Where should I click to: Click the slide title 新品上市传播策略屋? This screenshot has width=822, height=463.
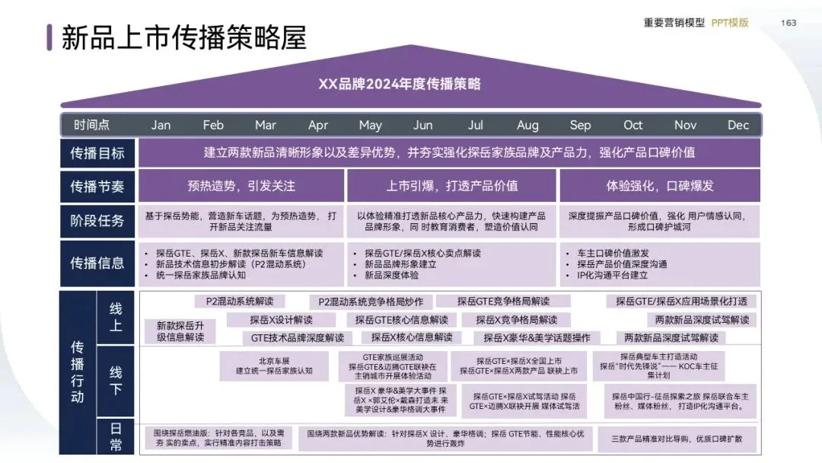(183, 37)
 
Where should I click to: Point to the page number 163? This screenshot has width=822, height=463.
(789, 23)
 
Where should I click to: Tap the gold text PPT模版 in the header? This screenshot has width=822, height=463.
(730, 23)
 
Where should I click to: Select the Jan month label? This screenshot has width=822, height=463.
(161, 125)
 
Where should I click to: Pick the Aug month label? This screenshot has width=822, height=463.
(527, 125)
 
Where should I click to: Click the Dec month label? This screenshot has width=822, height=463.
(738, 125)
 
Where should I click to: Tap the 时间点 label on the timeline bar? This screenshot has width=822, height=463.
(92, 125)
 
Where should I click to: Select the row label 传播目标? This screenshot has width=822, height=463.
(97, 154)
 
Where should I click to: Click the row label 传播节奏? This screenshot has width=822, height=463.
(97, 187)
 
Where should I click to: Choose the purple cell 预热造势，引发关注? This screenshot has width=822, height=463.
(241, 186)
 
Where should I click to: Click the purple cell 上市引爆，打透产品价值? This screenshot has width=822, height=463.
(452, 186)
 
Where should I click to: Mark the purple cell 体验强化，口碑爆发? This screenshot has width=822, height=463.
(659, 186)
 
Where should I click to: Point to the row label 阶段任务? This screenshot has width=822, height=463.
(97, 221)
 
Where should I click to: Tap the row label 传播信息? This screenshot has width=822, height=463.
(97, 263)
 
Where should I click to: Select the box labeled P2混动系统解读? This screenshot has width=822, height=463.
(234, 301)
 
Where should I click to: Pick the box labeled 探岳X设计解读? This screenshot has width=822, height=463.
(281, 320)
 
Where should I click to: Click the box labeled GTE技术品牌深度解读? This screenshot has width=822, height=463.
(298, 337)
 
